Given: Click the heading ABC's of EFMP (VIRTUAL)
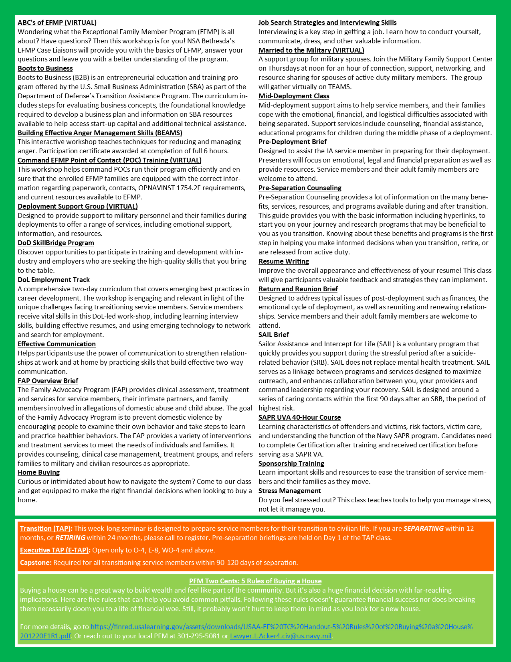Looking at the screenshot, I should click(57, 22).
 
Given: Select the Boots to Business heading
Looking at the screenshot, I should click(45, 68).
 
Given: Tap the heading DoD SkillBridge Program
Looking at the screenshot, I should click(56, 243).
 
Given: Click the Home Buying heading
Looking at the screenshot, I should click(38, 472).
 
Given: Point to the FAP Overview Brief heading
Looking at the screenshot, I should click(48, 381).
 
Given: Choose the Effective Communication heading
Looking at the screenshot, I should click(57, 344).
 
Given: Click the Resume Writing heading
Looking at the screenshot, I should click(283, 261).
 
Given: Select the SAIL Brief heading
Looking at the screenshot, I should click(273, 335).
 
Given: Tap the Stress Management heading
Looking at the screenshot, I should click(289, 491).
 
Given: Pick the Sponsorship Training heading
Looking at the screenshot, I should click(291, 463).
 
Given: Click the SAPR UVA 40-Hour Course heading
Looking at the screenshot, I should click(299, 417).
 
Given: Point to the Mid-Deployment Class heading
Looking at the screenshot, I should click(294, 96).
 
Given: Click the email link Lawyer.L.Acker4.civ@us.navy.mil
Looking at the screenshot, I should click(281, 636).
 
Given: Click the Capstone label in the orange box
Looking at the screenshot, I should click(35, 562).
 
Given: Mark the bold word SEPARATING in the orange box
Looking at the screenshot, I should click(423, 528).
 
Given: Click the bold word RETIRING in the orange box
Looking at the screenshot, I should click(70, 538).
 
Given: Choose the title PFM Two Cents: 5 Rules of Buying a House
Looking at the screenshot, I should click(255, 581).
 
